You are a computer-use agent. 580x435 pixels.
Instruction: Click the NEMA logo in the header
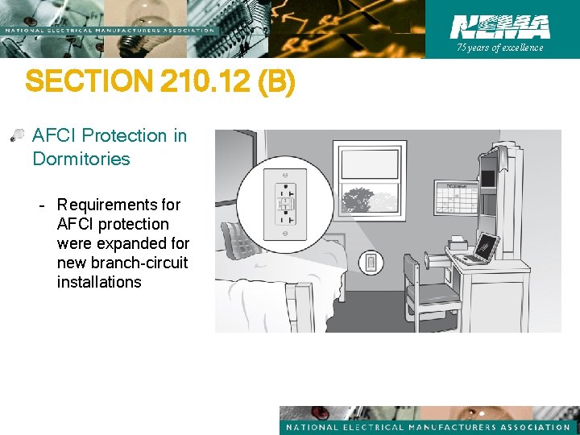click(500, 27)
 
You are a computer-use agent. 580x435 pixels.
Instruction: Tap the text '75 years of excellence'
click(500, 48)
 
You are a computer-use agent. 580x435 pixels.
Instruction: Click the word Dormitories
click(81, 159)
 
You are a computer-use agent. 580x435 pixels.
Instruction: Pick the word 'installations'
click(99, 282)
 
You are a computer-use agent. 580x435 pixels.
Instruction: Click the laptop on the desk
click(479, 251)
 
